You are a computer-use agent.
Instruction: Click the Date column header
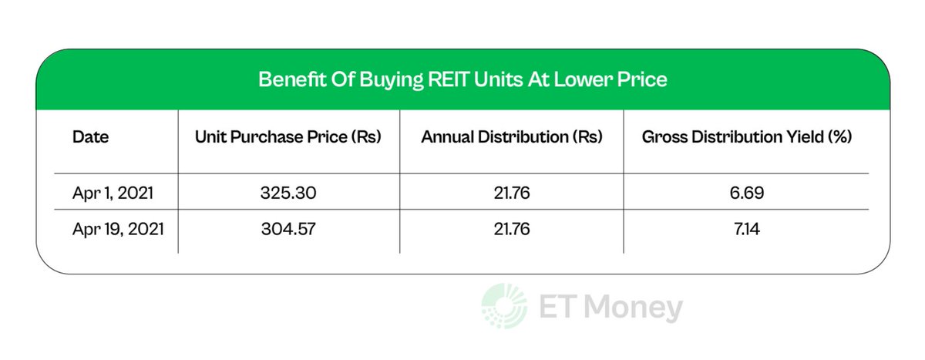[x=90, y=139]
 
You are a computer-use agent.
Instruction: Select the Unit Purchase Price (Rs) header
[x=289, y=139]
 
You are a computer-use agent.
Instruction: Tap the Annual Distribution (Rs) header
[x=512, y=139]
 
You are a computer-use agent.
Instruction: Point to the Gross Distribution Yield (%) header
[x=747, y=139]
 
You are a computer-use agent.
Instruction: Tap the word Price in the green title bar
[x=643, y=79]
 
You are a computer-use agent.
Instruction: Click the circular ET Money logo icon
[x=501, y=306]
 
